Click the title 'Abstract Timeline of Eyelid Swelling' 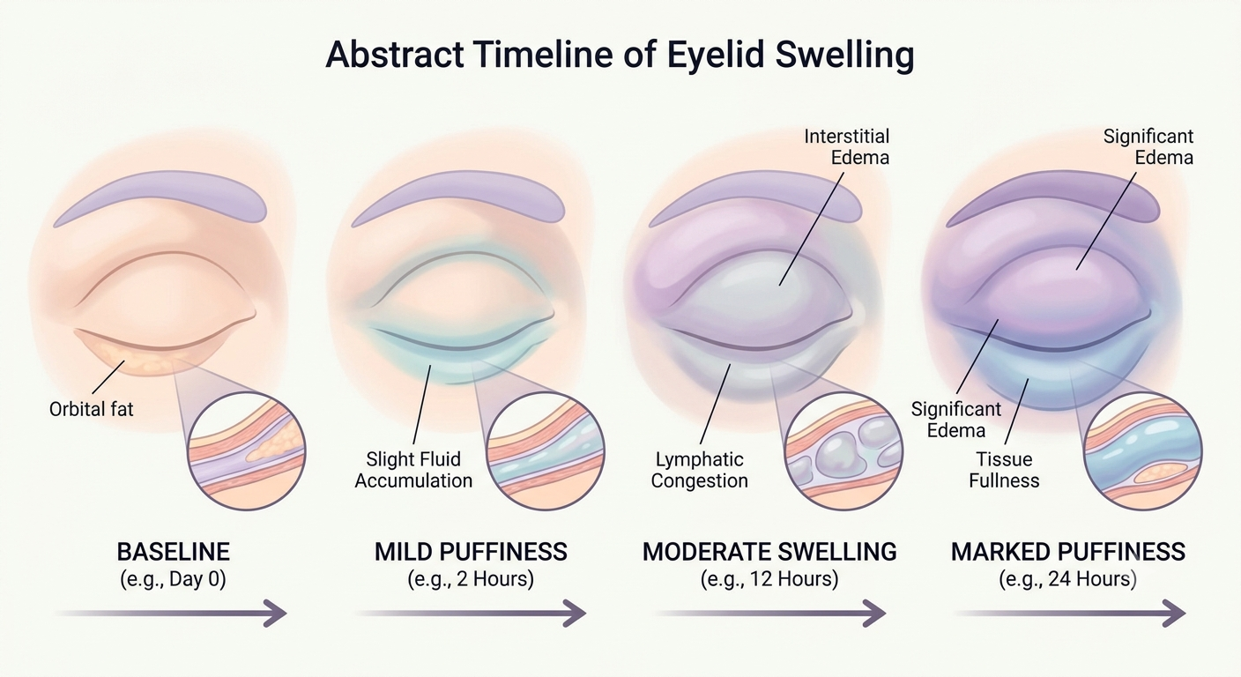tap(620, 56)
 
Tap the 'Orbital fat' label tap(92, 409)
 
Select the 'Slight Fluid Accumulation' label tap(413, 470)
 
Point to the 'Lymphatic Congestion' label tap(699, 470)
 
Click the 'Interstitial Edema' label tap(846, 147)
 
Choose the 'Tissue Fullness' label tap(1004, 470)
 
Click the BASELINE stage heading tap(173, 552)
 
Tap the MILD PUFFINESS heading tap(471, 552)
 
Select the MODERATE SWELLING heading tap(769, 552)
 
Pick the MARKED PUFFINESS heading tap(1068, 552)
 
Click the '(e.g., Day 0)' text tap(173, 579)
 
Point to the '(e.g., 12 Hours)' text tap(769, 579)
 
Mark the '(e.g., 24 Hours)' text tap(1068, 579)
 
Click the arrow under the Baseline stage tap(171, 614)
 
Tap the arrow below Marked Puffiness tap(1069, 614)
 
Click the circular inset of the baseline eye tap(247, 451)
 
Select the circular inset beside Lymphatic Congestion tap(843, 451)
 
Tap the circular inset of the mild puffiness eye tap(546, 451)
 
